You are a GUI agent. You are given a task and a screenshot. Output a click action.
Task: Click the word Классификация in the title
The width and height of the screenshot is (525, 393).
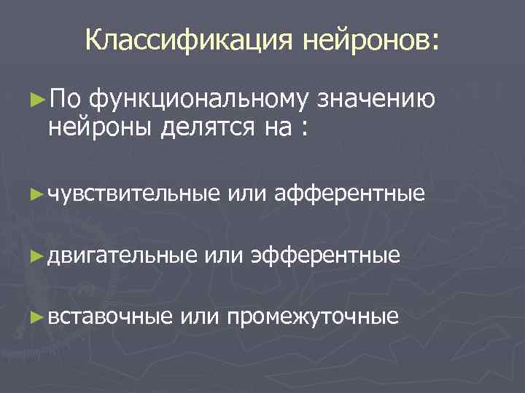(187, 41)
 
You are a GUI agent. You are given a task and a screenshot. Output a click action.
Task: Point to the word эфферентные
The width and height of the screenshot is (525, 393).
(325, 255)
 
